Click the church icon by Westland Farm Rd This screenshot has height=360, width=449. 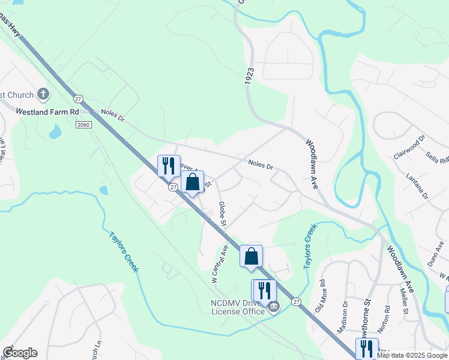pos(43,94)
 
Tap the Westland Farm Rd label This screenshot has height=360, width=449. pos(47,112)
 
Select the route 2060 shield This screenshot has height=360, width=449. pos(83,124)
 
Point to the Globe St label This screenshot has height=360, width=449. pos(222,214)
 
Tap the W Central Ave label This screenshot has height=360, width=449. pos(220,264)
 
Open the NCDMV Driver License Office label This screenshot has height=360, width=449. pos(237,307)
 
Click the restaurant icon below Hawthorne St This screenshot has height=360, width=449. pos(367,349)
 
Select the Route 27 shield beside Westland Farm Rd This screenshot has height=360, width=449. pos(77,98)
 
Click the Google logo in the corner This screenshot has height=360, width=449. pos(19,353)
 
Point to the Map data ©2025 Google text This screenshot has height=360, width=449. pos(411,355)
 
